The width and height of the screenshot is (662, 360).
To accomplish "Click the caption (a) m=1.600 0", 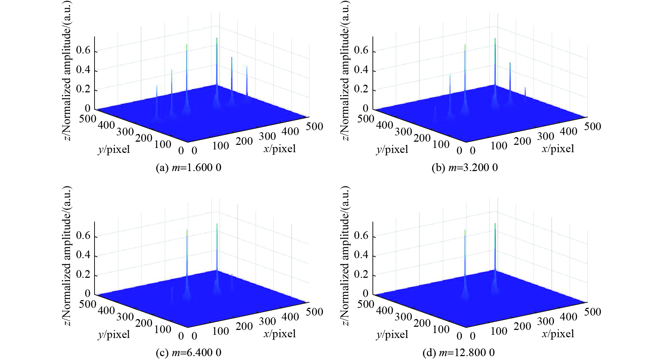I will [188, 168].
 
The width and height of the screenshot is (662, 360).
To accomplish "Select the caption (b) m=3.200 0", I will [465, 168].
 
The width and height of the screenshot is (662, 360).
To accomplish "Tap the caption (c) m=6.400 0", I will [188, 353].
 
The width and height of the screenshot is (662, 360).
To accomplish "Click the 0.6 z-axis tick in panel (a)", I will [83, 51].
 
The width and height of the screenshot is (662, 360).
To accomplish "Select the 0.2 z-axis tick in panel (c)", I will [83, 274].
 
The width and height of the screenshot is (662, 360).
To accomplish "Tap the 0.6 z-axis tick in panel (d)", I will [361, 236].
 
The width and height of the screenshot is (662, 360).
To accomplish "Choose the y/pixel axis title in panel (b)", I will [392, 149].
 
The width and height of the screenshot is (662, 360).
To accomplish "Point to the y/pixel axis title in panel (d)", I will [392, 334].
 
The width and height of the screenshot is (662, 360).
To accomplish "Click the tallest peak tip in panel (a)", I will [217, 38].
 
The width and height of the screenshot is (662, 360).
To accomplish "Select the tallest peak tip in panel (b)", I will [495, 38].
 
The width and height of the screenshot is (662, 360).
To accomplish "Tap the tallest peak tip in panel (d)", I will [495, 223].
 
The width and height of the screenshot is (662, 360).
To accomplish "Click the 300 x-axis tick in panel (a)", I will [267, 136].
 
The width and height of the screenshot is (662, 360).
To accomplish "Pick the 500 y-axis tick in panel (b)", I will [365, 119].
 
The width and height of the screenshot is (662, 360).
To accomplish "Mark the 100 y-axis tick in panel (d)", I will [441, 329].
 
